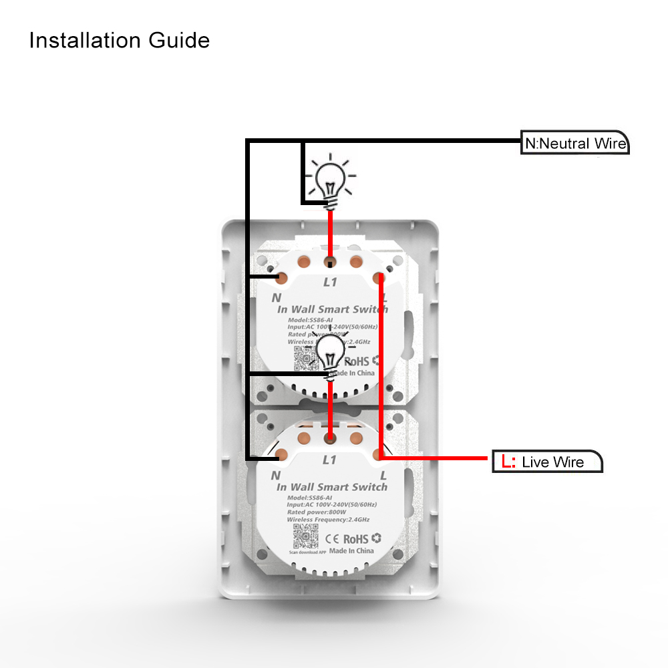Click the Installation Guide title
(120, 41)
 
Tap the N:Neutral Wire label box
(574, 144)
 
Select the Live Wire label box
(547, 462)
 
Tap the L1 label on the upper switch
(330, 283)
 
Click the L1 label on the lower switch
(329, 460)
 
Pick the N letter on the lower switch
(275, 476)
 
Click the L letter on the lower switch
(383, 476)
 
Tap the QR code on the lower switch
(303, 535)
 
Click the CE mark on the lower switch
(333, 538)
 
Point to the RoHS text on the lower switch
(357, 538)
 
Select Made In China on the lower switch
(351, 551)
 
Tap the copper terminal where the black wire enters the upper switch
(283, 277)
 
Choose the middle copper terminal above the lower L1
(329, 438)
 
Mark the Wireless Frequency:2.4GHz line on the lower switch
(328, 520)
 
